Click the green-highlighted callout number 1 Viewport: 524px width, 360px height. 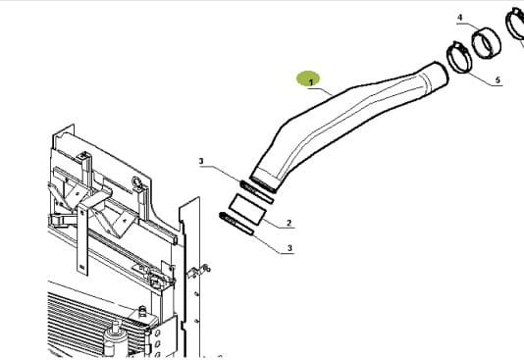click(311, 81)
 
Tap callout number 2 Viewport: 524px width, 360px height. click(288, 223)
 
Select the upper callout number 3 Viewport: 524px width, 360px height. click(201, 161)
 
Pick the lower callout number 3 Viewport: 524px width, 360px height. click(289, 248)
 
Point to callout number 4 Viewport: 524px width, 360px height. click(460, 17)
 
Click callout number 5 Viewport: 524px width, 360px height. click(498, 79)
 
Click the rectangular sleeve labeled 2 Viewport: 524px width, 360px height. click(247, 209)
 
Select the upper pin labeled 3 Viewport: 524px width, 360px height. click(257, 192)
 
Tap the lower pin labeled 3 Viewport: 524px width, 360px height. click(236, 224)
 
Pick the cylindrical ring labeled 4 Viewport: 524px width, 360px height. click(487, 43)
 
